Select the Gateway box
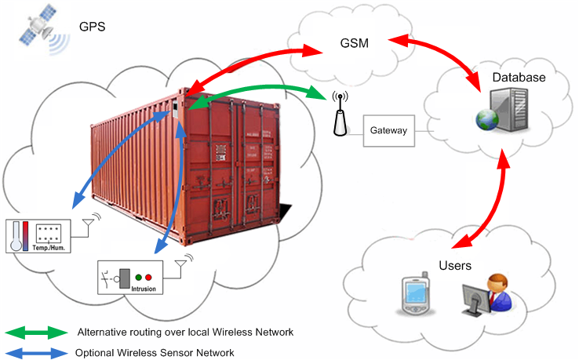coord(389,130)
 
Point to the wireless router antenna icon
coord(339,114)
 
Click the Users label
coord(456,266)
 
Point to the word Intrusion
coord(143,289)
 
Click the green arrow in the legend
coord(35,333)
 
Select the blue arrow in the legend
coord(35,352)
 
